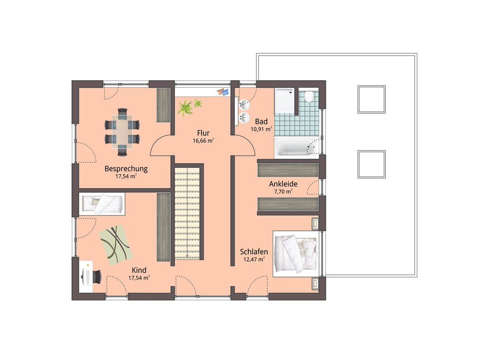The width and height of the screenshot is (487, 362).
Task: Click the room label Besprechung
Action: point(126,169)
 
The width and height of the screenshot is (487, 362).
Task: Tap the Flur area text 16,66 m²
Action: point(203,141)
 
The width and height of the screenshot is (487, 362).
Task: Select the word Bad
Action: point(261,121)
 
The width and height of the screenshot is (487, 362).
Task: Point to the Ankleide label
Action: point(283,184)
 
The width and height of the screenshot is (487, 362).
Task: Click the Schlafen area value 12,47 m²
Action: point(254,259)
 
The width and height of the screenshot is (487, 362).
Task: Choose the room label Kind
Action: point(139,270)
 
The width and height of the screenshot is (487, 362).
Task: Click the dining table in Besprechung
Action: point(122,132)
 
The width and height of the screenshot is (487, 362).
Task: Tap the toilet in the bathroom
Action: point(308,96)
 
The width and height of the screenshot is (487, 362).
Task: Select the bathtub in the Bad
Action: point(296,146)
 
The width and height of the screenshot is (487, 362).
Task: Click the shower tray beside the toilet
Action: point(284,100)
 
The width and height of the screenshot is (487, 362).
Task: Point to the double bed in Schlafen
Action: point(296,253)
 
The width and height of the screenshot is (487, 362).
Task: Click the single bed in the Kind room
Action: point(102,204)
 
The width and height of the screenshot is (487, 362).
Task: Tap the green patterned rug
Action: point(116,245)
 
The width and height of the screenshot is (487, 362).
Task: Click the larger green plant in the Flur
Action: point(186,108)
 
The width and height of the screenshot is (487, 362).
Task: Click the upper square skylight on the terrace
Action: point(371,100)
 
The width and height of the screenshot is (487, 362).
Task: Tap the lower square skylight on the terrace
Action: point(371,164)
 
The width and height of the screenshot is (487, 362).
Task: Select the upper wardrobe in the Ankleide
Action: point(288,170)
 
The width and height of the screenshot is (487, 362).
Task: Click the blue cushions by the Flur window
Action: point(222,92)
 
